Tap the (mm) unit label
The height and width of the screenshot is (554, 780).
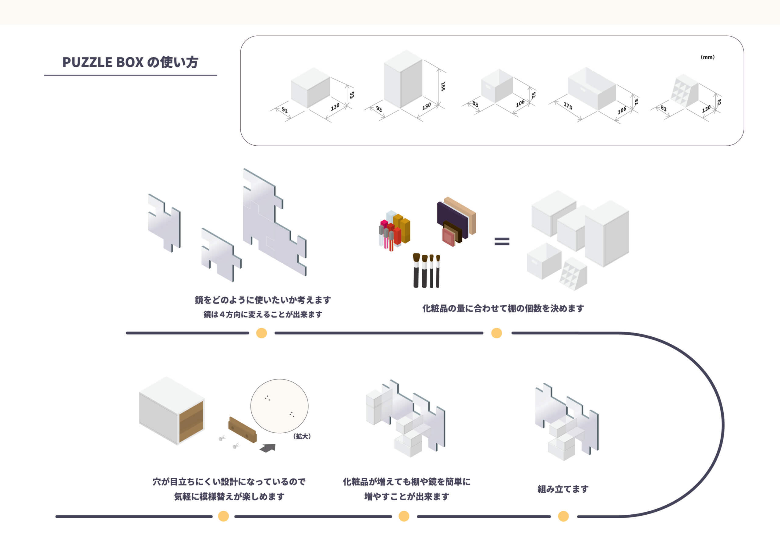(x=707, y=57)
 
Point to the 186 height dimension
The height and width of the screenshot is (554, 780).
(x=443, y=86)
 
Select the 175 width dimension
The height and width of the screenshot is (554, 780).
(x=568, y=106)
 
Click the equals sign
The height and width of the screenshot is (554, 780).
(x=502, y=242)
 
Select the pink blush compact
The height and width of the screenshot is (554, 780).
(x=448, y=237)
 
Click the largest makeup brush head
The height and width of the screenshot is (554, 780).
(x=416, y=257)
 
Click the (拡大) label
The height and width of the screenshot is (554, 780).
(x=302, y=436)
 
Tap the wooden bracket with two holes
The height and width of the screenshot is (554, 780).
(x=243, y=430)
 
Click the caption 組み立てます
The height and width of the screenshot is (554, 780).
(x=563, y=489)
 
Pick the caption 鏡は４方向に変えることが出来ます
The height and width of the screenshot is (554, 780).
(x=263, y=314)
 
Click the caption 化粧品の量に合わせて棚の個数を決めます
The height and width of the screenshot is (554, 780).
(x=503, y=309)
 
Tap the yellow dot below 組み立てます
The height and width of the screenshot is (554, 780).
(x=563, y=516)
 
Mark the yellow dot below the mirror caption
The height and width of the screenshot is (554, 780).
(x=262, y=333)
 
